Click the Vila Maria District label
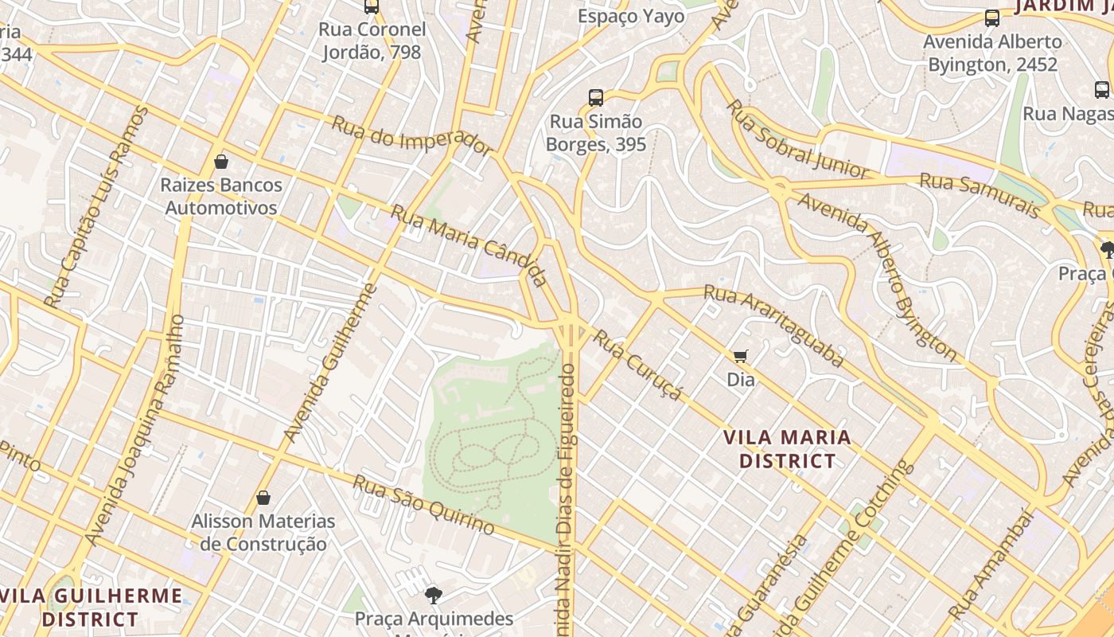(x=787, y=449)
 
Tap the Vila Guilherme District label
(x=91, y=608)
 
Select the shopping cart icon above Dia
(x=741, y=356)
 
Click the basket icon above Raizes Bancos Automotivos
(x=221, y=162)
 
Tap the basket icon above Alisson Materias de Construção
(x=263, y=498)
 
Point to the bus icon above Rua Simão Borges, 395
(x=596, y=98)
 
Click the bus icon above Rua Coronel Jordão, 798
(x=372, y=6)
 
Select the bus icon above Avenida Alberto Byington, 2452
(x=992, y=18)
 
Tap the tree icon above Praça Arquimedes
(x=434, y=595)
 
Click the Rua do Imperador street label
(x=411, y=135)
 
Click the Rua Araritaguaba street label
(x=773, y=326)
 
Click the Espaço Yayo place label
(x=631, y=17)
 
